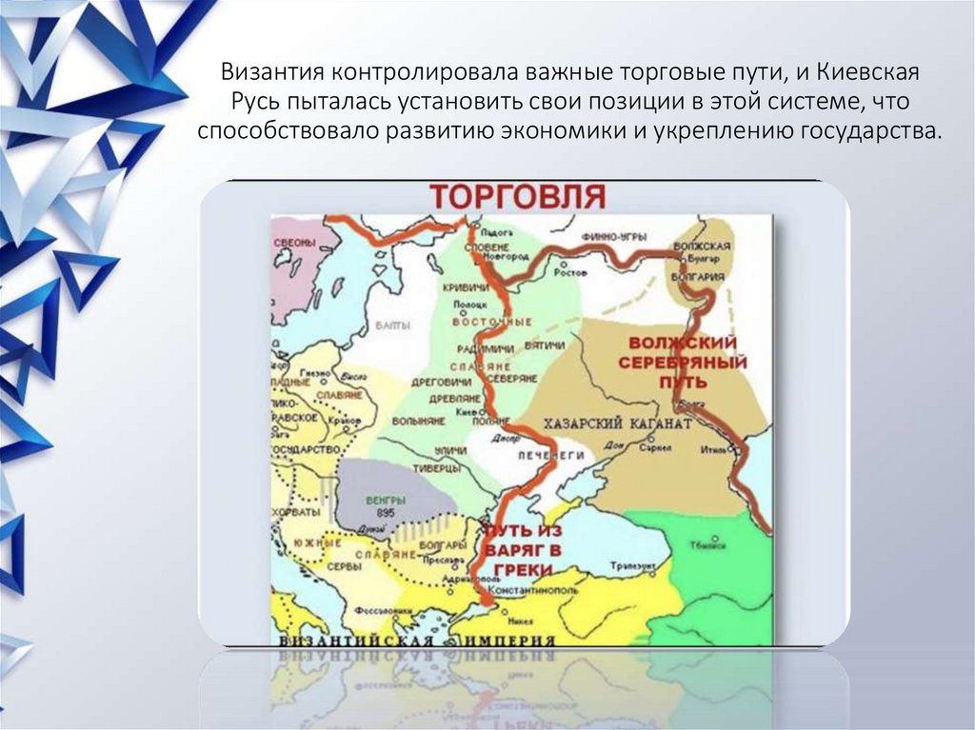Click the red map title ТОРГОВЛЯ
517,196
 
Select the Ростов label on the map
572,271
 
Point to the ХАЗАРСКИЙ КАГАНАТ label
617,422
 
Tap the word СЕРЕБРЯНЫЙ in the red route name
683,363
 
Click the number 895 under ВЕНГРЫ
386,513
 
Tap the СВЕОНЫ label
294,244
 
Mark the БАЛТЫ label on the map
393,326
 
